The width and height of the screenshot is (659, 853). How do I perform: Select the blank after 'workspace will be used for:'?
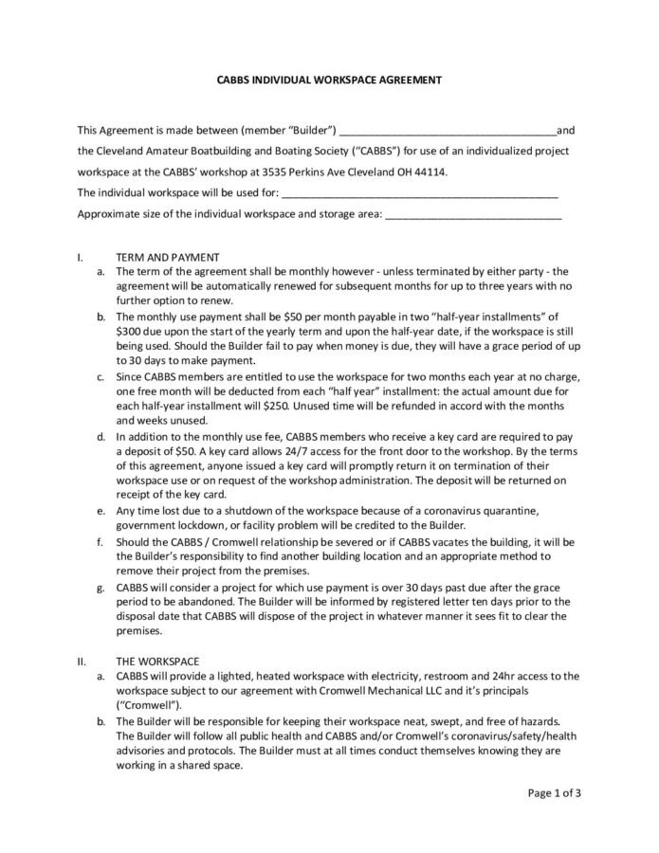click(x=419, y=193)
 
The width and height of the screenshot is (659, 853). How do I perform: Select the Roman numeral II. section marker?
click(x=82, y=662)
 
